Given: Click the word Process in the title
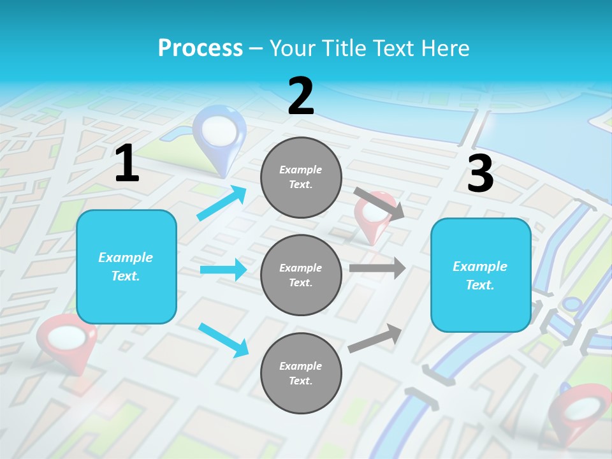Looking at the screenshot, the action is click(x=200, y=48).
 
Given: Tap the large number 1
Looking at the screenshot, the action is click(x=127, y=164).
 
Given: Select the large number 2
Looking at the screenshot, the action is click(x=301, y=96).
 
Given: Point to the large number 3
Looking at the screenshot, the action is click(x=480, y=173).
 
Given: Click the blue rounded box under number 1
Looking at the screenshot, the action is click(x=126, y=266).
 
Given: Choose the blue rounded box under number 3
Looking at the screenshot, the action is click(x=481, y=275).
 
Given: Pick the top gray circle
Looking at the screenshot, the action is click(x=301, y=177).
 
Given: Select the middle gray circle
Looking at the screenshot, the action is click(x=301, y=275).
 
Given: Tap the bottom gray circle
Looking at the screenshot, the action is click(x=301, y=373).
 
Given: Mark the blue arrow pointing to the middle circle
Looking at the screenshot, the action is click(x=223, y=270).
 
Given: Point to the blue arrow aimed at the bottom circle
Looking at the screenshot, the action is click(x=223, y=340).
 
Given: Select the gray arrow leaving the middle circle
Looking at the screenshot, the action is click(x=377, y=268).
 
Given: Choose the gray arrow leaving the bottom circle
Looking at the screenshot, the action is click(x=375, y=338).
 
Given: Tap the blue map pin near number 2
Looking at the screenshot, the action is click(x=219, y=131).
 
